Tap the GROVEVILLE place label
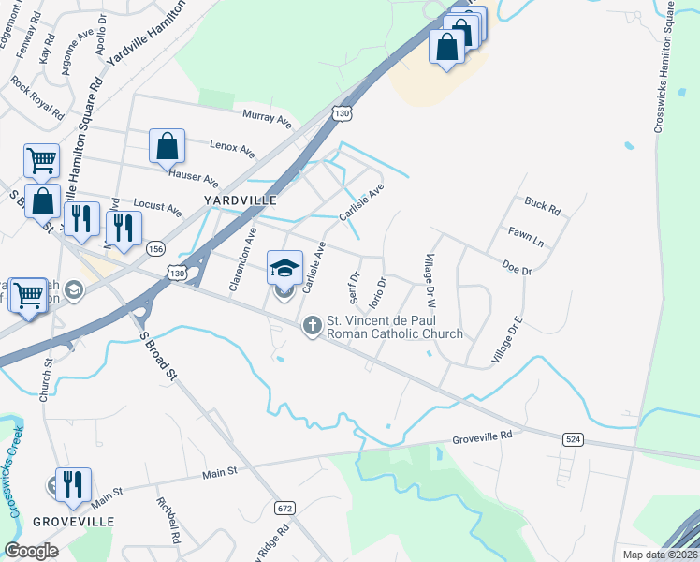[x=74, y=521]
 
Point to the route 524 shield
[x=575, y=439]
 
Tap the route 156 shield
[x=155, y=248]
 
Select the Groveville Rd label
[x=483, y=436]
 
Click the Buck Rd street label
[x=542, y=205]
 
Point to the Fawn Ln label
[x=526, y=235]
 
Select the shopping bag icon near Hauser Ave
[x=167, y=147]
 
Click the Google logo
[x=31, y=551]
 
